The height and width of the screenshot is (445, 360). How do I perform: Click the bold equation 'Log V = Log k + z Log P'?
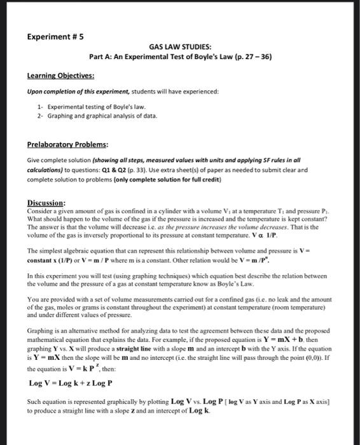click(71, 383)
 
